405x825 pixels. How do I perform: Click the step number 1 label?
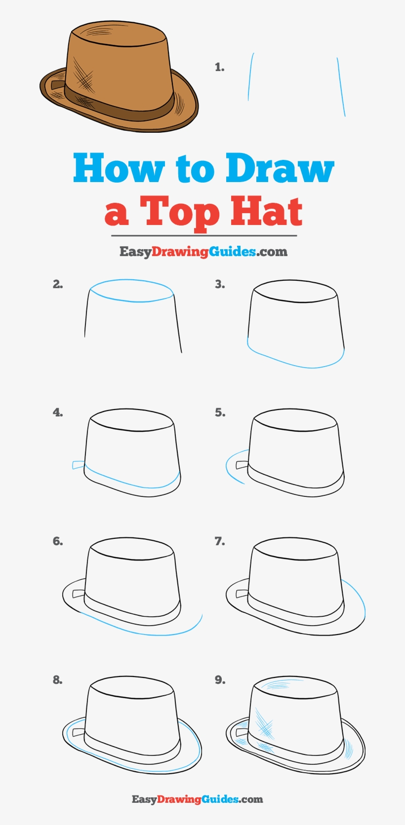point(220,68)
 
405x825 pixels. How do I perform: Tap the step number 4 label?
point(58,412)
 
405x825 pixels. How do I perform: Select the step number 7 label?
point(220,541)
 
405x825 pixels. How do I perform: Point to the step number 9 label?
point(220,680)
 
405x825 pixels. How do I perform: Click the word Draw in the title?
point(280,168)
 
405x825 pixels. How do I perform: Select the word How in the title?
point(119,168)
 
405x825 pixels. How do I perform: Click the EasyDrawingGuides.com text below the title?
point(203,252)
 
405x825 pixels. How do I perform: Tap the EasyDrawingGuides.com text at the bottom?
point(197,799)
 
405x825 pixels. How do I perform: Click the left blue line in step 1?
point(250,76)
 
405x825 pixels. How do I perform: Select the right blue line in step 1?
point(341,87)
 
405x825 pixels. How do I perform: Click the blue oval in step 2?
point(131,291)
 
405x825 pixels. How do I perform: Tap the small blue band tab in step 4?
point(78,465)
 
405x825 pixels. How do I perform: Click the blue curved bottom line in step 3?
point(296,363)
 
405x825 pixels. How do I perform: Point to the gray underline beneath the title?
point(203,236)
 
